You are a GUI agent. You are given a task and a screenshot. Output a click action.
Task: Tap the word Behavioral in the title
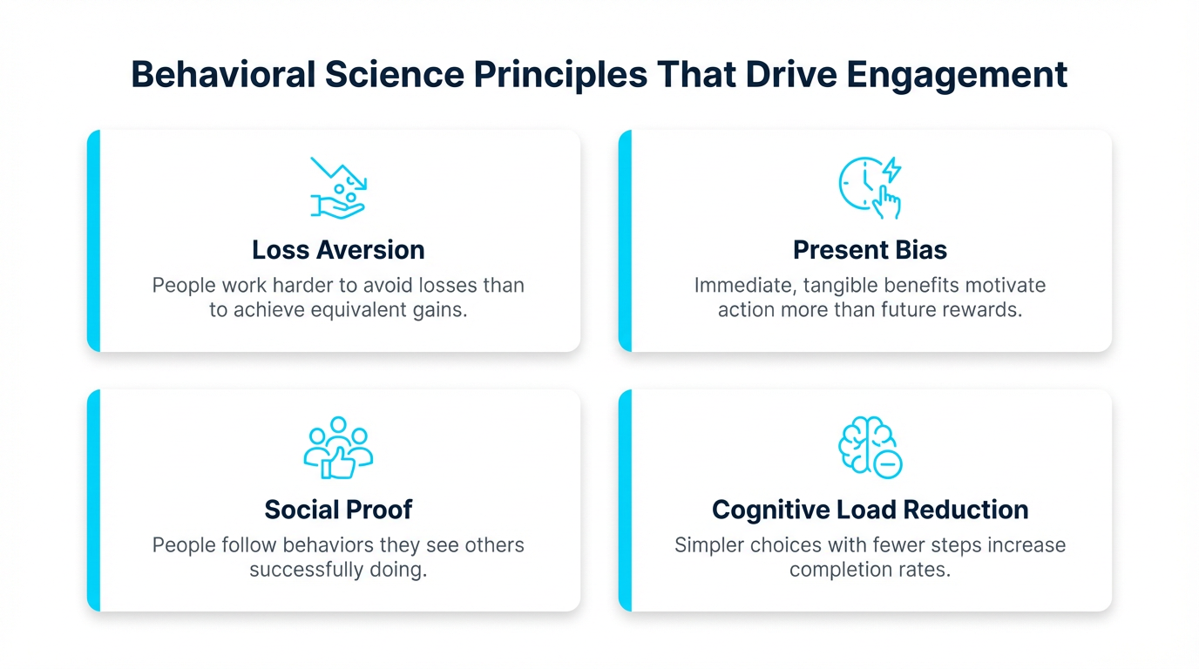tap(223, 75)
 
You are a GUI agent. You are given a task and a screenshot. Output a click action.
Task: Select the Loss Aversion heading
tap(338, 250)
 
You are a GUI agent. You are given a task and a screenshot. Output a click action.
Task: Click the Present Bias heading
tap(870, 250)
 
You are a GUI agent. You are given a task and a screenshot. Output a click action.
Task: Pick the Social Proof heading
tap(338, 510)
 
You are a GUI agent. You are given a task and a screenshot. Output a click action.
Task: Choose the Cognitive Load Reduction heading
tap(870, 510)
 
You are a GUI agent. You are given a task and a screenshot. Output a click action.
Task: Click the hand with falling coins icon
tap(338, 187)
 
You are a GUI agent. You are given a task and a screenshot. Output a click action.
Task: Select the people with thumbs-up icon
tap(338, 447)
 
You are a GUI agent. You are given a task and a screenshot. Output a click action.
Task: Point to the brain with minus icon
tap(870, 447)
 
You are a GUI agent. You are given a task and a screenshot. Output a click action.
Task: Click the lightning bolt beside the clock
tap(891, 169)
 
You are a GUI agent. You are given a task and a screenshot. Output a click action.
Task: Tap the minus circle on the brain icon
tap(888, 465)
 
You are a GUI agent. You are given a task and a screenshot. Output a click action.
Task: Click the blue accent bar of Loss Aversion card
tap(93, 240)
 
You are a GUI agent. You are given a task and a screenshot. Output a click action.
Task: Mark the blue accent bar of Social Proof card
tap(93, 500)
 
